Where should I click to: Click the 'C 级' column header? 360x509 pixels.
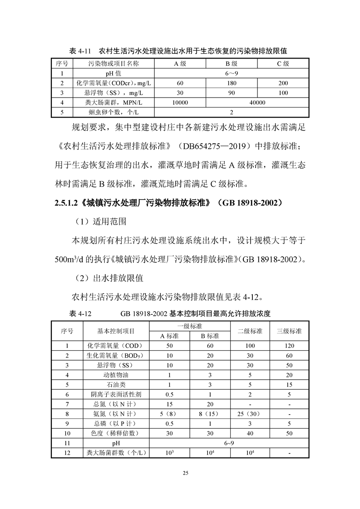click(283, 64)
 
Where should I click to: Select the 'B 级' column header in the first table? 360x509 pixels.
click(232, 64)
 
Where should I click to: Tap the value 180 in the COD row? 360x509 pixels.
click(232, 83)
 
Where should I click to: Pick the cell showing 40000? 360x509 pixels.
click(257, 103)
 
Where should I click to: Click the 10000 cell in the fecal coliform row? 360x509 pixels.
click(180, 103)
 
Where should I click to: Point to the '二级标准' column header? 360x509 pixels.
click(250, 331)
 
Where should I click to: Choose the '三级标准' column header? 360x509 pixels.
click(289, 331)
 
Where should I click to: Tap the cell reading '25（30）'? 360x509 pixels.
click(250, 414)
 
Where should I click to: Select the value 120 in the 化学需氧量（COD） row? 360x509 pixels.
click(289, 346)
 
